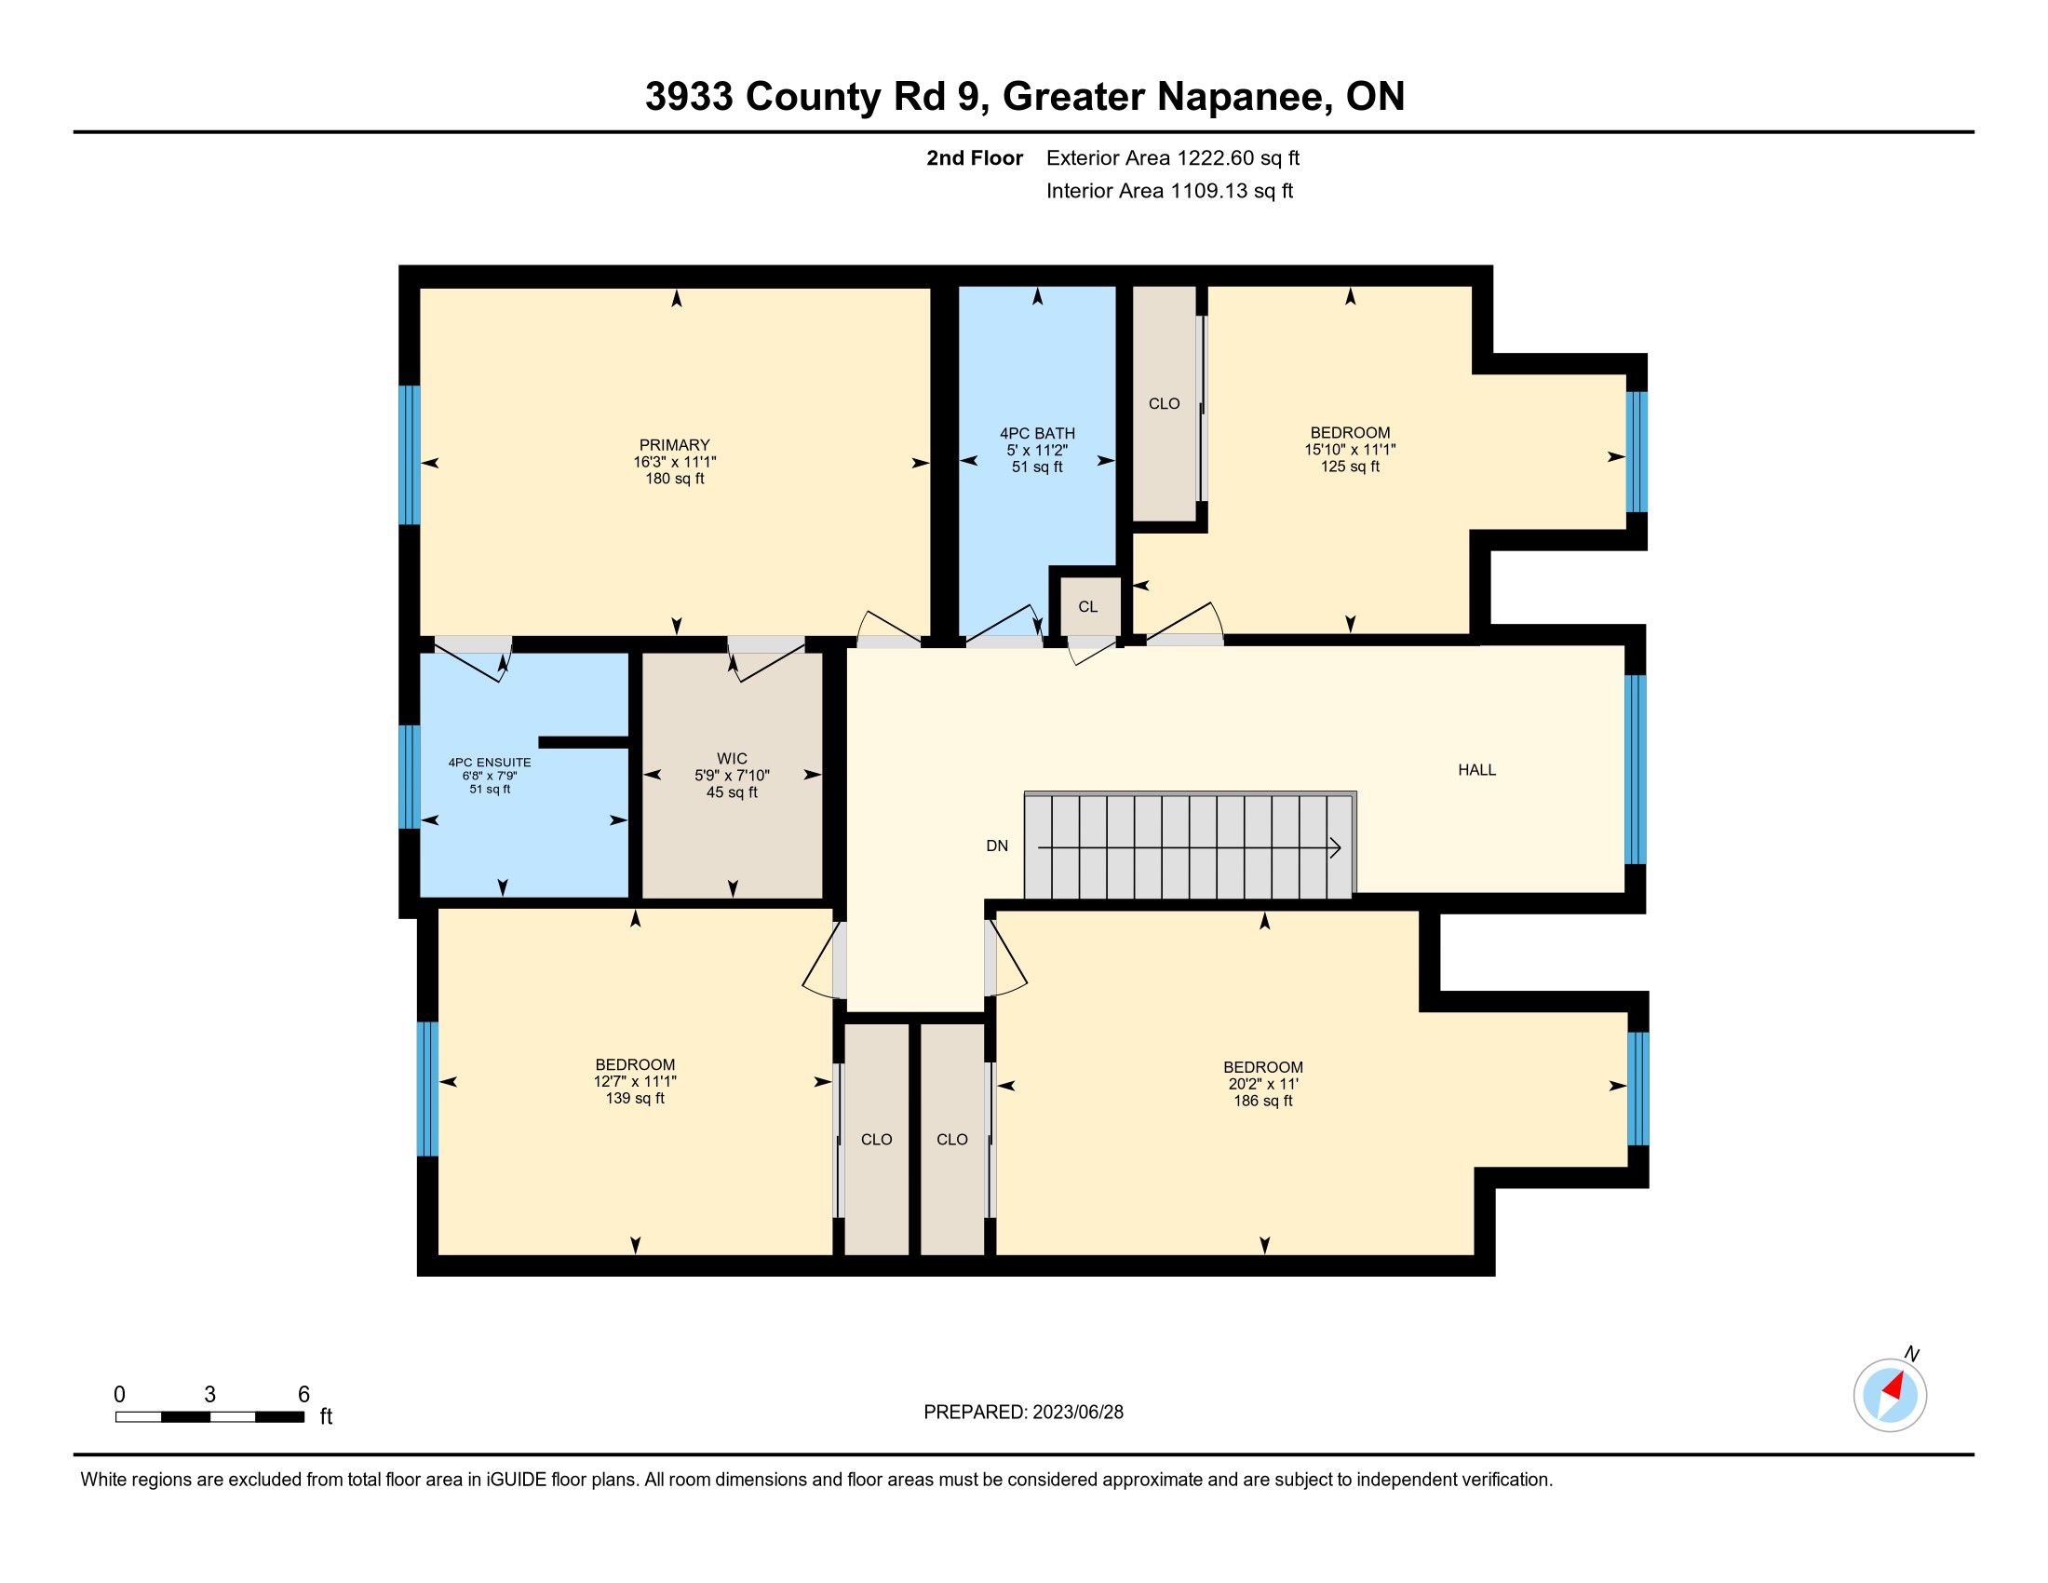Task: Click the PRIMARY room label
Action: [x=674, y=444]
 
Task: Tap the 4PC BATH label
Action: [x=1037, y=433]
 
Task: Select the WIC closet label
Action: [x=732, y=759]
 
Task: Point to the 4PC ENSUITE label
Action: [x=490, y=763]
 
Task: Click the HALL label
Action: [x=1477, y=770]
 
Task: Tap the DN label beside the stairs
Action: [x=997, y=846]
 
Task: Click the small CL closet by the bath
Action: [x=1087, y=607]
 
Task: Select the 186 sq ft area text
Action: [x=1263, y=1101]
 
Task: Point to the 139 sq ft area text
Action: [x=635, y=1098]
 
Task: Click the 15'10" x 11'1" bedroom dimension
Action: [x=1351, y=449]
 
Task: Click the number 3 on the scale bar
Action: [x=210, y=1395]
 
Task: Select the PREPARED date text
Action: [x=1023, y=1413]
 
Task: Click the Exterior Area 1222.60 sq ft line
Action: [x=1173, y=157]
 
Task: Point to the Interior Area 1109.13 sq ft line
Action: [x=1169, y=190]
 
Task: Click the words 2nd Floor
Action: [x=975, y=157]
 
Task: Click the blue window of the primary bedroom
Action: [x=409, y=454]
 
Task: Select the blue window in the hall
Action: [x=1635, y=769]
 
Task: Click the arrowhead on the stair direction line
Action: [x=1335, y=847]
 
